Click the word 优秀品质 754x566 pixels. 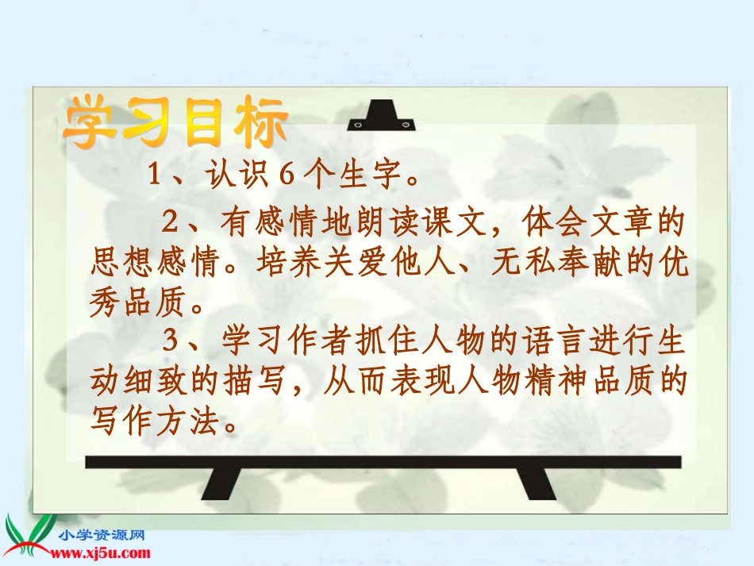[675, 263]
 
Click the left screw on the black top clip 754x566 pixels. [358, 125]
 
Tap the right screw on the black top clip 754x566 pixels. [406, 125]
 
